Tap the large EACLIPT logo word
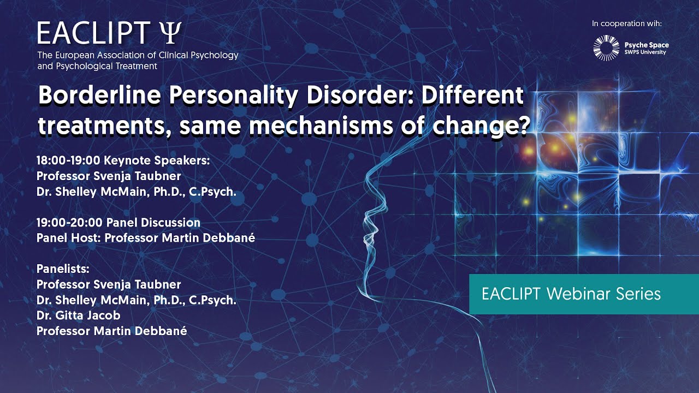pyautogui.click(x=93, y=34)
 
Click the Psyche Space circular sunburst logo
pyautogui.click(x=606, y=48)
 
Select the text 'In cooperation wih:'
pyautogui.click(x=627, y=23)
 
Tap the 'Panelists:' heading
pyautogui.click(x=63, y=269)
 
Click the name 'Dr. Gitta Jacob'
pyautogui.click(x=79, y=315)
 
